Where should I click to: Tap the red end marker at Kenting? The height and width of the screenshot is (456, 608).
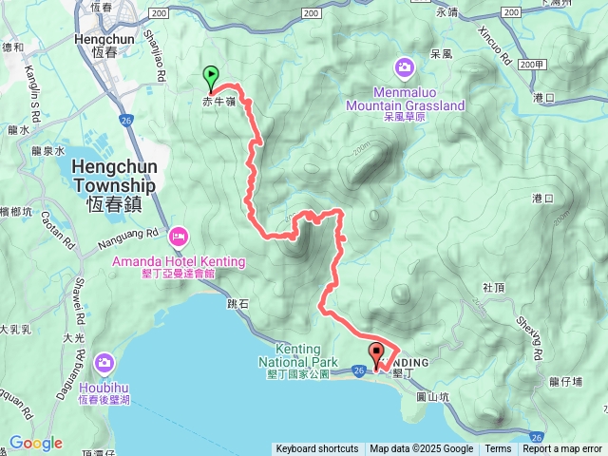[377, 354]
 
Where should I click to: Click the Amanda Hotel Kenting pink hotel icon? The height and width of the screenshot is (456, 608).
[178, 236]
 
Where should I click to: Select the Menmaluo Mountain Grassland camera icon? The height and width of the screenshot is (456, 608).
[405, 66]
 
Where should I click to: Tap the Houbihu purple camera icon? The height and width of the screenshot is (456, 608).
[104, 362]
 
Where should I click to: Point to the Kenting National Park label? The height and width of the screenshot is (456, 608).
[299, 354]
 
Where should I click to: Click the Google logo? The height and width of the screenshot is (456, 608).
[35, 443]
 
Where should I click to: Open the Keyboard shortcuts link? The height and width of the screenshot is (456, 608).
[316, 449]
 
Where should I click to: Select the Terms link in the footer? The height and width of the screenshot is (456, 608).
[498, 449]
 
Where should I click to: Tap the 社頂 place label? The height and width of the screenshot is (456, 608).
[493, 286]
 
